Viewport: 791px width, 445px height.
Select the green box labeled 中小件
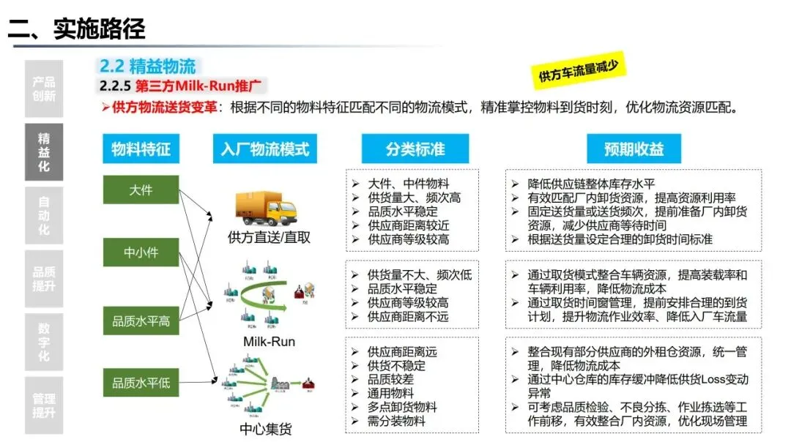click(141, 253)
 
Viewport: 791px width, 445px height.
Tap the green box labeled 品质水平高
click(141, 321)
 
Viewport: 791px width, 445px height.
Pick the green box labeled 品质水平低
click(141, 383)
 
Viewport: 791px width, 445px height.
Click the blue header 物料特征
click(141, 149)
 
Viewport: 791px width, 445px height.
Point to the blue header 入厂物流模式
click(265, 149)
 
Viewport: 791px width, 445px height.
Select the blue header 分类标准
click(415, 149)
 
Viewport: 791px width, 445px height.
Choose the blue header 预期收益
click(634, 149)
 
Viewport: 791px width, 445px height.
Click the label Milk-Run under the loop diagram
click(269, 342)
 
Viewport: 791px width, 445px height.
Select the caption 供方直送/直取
click(269, 237)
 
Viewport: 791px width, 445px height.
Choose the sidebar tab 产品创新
click(44, 89)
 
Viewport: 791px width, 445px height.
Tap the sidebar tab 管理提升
click(44, 405)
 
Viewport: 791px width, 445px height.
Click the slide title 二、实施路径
click(77, 29)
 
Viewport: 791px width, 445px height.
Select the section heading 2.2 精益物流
click(147, 67)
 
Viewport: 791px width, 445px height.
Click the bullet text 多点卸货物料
click(402, 407)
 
